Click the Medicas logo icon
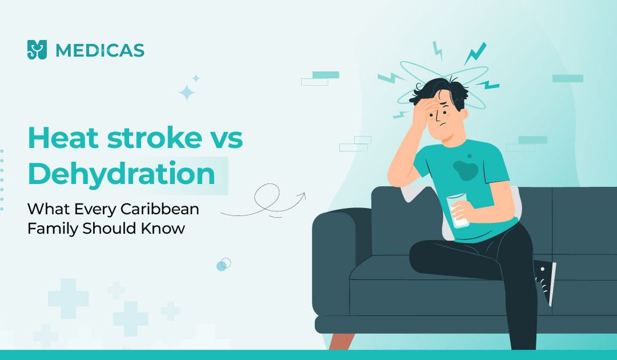37,50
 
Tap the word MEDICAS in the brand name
100,50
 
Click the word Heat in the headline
63,137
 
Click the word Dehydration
122,174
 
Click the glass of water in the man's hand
457,210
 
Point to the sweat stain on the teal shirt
466,169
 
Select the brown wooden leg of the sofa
342,341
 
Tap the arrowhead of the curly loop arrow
302,196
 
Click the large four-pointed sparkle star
187,93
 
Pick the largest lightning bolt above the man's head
475,53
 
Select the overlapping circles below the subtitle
223,265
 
